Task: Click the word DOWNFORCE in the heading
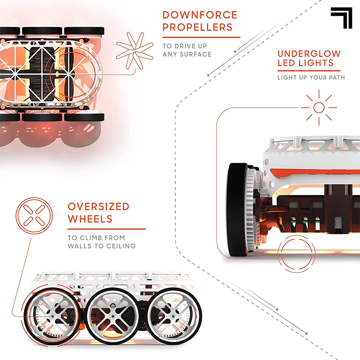[x=200, y=15]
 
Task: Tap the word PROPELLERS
[x=198, y=27]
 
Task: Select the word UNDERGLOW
[x=309, y=54]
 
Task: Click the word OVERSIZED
[x=99, y=207]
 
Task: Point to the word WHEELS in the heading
[x=90, y=219]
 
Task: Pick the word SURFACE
[x=196, y=55]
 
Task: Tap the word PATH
[x=337, y=78]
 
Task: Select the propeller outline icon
[x=135, y=51]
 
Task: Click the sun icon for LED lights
[x=319, y=108]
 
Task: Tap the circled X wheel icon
[x=34, y=216]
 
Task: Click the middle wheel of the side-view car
[x=113, y=316]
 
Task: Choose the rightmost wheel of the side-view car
[x=174, y=316]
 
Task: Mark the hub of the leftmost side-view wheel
[x=53, y=316]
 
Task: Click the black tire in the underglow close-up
[x=236, y=210]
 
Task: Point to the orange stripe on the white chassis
[x=315, y=172]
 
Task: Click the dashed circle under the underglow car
[x=296, y=254]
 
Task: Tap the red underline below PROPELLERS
[x=201, y=37]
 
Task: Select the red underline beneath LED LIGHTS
[x=309, y=71]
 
